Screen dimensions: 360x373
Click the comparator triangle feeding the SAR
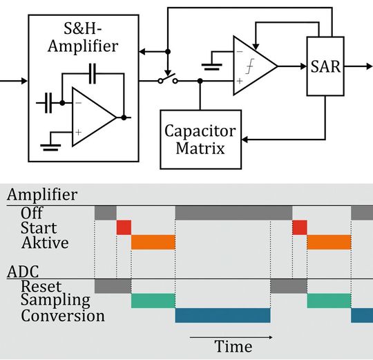(253, 66)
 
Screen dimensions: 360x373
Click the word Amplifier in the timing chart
(42, 196)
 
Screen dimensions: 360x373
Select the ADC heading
(21, 270)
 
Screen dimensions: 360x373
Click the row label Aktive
(45, 243)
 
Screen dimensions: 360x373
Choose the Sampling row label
(55, 300)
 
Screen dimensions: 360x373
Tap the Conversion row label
(63, 316)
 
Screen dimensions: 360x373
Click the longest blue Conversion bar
(222, 316)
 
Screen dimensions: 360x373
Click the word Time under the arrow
(233, 346)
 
